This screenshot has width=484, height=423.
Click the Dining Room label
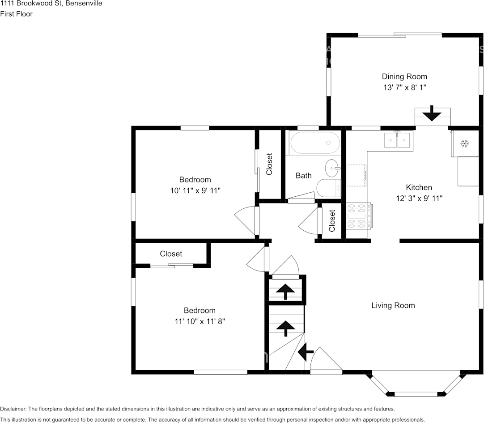[404, 76]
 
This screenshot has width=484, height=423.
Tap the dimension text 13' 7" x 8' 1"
[404, 87]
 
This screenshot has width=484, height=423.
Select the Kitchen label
[419, 187]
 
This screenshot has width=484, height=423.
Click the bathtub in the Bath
[315, 143]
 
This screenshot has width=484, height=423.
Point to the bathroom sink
[333, 168]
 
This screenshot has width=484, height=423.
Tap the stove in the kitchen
[359, 216]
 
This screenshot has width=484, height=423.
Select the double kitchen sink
[397, 140]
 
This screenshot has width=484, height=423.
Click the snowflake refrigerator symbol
[465, 144]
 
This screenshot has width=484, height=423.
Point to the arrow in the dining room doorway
[432, 113]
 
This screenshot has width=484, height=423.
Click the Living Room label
[393, 305]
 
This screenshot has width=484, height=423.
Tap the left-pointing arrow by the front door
[306, 351]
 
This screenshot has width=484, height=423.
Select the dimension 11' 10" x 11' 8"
[200, 321]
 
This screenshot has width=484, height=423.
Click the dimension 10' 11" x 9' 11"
[195, 190]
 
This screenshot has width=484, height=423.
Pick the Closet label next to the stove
[332, 220]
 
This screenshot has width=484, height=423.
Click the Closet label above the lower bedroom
[171, 254]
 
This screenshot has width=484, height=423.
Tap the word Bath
[303, 176]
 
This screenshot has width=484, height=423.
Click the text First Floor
[17, 14]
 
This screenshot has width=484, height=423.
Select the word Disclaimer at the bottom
[13, 409]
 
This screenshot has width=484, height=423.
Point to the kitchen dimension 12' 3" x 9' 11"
[419, 198]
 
